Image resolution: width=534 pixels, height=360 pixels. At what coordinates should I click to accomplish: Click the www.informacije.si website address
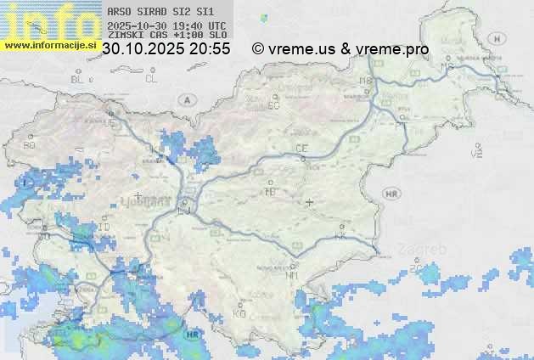50,45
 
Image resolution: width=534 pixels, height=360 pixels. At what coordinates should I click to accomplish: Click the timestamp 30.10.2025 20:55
166,49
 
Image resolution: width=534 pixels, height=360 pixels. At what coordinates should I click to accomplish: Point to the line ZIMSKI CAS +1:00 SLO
167,35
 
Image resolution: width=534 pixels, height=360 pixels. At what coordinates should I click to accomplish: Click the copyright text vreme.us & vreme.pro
340,49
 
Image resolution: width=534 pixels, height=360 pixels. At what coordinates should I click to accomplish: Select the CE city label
301,149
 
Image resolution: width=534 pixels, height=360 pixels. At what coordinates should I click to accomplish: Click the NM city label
293,276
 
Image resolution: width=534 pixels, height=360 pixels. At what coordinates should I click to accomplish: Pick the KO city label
239,313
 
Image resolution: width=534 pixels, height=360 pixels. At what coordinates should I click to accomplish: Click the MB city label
367,82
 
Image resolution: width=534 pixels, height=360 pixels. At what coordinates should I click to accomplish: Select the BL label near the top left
79,79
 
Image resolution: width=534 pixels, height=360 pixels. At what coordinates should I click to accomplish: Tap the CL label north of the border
152,79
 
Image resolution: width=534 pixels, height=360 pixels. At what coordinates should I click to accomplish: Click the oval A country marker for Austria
186,99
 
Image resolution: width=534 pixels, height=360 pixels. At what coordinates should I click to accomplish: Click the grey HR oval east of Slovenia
391,194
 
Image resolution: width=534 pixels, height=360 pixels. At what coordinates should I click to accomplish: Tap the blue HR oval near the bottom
194,335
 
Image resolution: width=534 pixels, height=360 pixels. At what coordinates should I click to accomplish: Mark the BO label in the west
30,145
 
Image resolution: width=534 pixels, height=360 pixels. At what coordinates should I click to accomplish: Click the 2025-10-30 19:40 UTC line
167,25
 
